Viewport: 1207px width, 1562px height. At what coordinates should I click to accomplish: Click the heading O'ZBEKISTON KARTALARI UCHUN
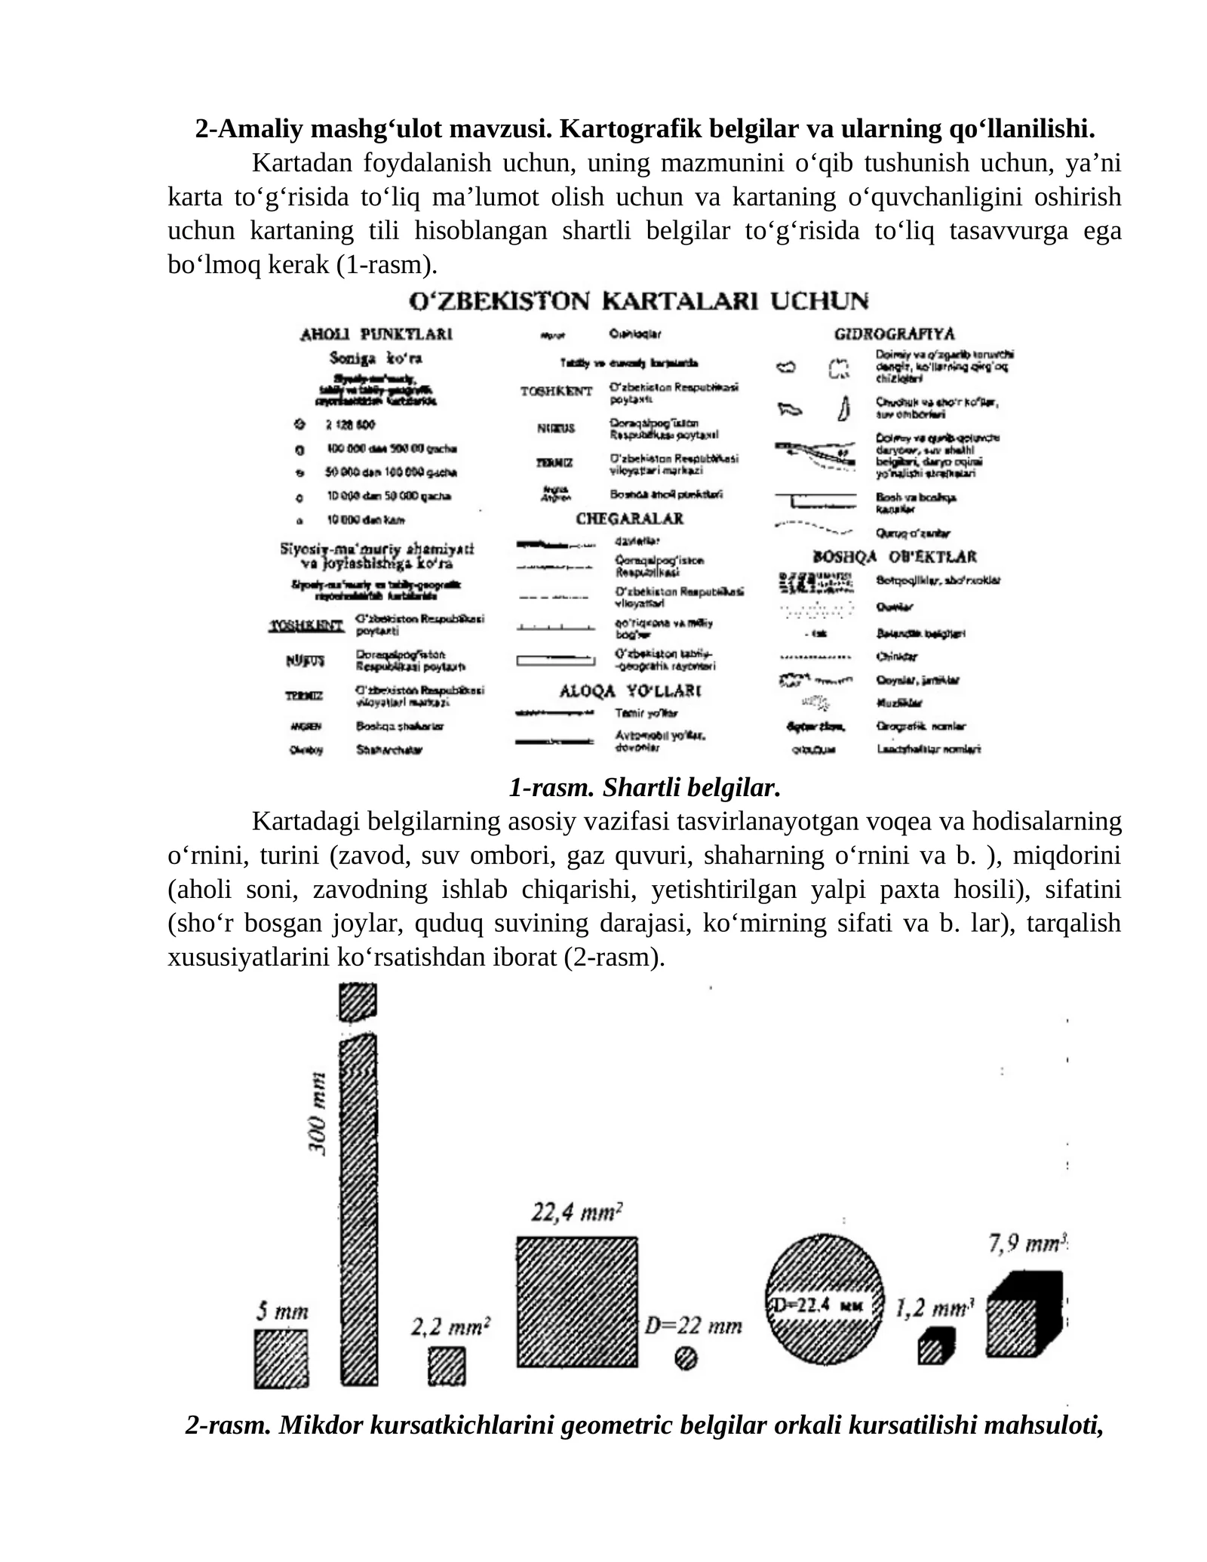coord(638,301)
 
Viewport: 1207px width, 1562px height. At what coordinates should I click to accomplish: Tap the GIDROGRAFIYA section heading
coord(894,334)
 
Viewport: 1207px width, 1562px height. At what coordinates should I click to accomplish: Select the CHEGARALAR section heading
coord(629,519)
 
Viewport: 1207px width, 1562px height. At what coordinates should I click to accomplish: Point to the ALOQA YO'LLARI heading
coord(631,690)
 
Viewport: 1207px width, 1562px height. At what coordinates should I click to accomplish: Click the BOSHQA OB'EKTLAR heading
coord(894,557)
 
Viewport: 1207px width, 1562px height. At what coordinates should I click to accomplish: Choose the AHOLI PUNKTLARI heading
coord(376,334)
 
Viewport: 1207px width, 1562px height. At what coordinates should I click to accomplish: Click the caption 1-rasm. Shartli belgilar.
coord(643,788)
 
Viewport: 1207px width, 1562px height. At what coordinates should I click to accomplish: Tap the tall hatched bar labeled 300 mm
coord(358,1207)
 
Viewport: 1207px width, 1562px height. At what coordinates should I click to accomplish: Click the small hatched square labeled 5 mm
coord(281,1359)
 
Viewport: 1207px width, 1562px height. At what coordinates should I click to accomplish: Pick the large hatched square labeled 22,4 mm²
coord(577,1302)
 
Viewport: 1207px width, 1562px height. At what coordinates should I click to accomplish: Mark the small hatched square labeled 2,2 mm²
coord(447,1367)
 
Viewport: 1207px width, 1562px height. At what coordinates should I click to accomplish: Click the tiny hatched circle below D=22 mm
coord(686,1359)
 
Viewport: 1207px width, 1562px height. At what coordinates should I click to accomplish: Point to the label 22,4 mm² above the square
coord(577,1213)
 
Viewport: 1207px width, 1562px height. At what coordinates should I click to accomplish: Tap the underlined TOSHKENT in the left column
coord(306,626)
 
